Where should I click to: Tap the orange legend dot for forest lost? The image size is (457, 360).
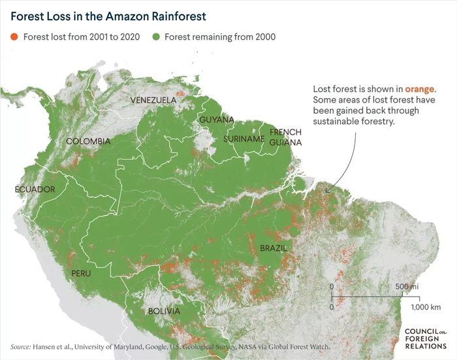pyautogui.click(x=14, y=37)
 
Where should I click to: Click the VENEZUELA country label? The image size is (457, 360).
pyautogui.click(x=153, y=100)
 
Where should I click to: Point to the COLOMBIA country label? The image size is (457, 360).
pyautogui.click(x=87, y=141)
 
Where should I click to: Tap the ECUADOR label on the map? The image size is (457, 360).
pyautogui.click(x=35, y=189)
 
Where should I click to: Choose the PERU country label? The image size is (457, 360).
pyautogui.click(x=81, y=272)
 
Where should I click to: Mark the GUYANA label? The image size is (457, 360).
pyautogui.click(x=216, y=120)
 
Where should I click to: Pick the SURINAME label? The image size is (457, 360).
pyautogui.click(x=244, y=139)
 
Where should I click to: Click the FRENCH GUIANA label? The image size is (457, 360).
pyautogui.click(x=285, y=137)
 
